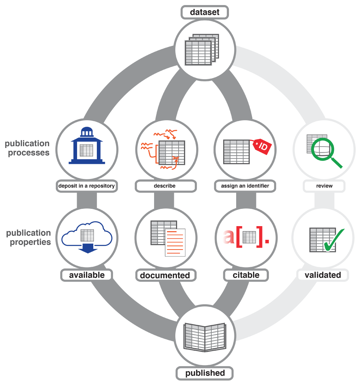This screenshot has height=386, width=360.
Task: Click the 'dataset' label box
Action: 204,13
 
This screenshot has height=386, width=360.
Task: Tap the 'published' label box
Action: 205,373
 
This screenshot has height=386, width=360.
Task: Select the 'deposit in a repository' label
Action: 86,186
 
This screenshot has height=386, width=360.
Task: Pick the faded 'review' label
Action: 324,186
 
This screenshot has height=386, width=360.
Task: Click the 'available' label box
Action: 87,275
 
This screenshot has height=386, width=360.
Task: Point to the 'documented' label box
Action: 165,275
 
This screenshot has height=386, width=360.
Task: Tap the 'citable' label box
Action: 246,275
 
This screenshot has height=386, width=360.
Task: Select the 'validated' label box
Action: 323,275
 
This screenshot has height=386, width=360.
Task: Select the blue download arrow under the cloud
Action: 87,248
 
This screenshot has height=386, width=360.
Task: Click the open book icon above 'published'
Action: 204,336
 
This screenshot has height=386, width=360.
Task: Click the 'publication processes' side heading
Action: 27,148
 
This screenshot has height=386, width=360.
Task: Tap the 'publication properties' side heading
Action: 28,238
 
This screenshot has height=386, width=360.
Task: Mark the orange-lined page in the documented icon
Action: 175,243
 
